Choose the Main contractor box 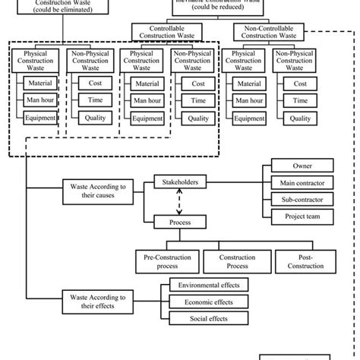point(302,183)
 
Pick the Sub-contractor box point(302,200)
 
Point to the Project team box point(302,216)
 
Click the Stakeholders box point(180,182)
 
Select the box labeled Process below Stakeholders point(180,223)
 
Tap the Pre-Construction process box point(166,261)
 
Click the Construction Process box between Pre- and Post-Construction point(236,261)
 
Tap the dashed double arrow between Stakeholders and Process point(180,203)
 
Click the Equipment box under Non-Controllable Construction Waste point(248,118)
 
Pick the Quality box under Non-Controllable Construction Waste point(301,118)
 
